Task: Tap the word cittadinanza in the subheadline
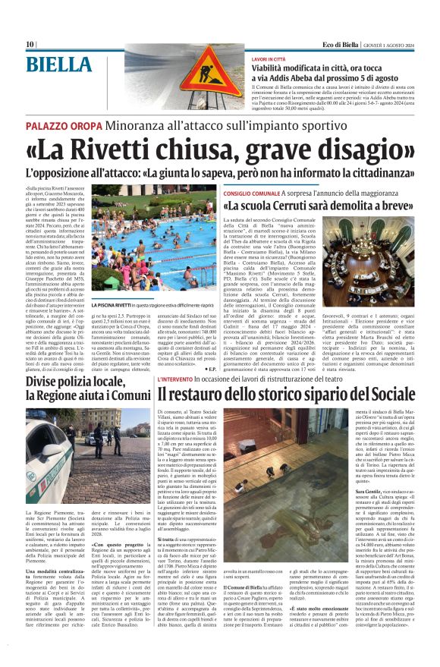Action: pos(363,174)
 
